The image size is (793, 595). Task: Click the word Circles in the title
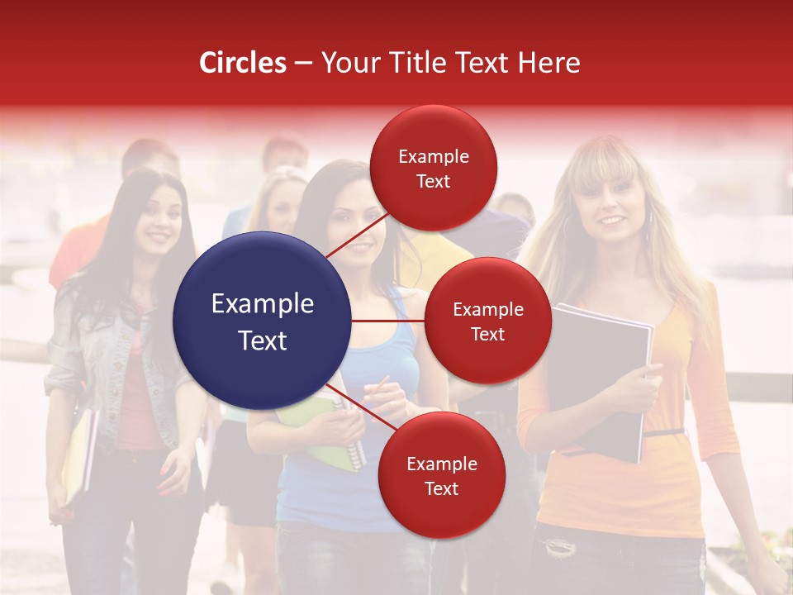click(243, 63)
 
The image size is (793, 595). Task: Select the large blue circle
click(262, 321)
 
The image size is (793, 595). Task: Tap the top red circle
click(433, 168)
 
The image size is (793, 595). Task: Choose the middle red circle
click(487, 321)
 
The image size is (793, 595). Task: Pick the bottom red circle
click(441, 475)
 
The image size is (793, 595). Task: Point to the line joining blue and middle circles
click(388, 321)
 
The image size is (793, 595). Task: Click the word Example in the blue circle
click(262, 304)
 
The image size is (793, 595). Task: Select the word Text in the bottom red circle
click(441, 488)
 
